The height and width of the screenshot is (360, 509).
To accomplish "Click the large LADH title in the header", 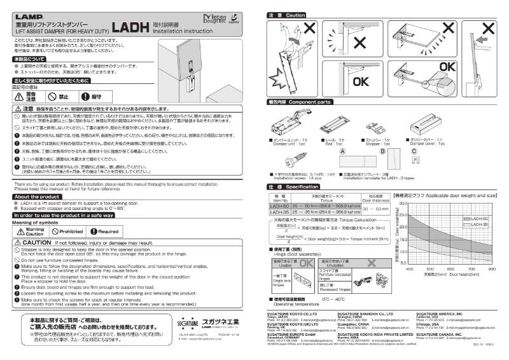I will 130,27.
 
